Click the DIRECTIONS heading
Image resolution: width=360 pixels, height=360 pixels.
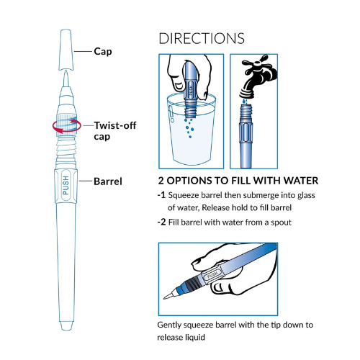(202, 38)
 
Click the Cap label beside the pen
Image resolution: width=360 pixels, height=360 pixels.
(103, 52)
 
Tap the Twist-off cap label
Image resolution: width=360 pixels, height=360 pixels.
(115, 131)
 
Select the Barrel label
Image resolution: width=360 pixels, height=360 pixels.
(108, 181)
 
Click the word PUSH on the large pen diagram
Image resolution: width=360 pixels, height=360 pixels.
(66, 185)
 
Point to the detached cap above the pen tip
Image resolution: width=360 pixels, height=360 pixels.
(66, 50)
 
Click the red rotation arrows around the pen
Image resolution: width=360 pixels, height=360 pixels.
(67, 125)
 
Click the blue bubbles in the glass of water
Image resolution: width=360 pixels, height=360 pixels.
(189, 127)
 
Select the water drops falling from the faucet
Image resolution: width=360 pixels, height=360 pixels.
(244, 102)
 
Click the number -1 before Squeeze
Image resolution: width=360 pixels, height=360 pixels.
(161, 195)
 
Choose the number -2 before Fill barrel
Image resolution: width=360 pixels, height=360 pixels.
(161, 222)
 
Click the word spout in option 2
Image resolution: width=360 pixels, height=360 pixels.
(282, 222)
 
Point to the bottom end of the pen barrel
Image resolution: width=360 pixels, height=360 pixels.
(66, 330)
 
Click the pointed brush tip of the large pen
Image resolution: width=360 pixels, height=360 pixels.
(66, 72)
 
